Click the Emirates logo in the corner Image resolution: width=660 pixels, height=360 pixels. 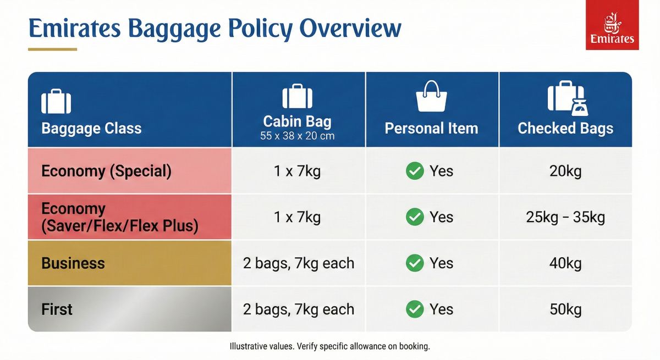(x=612, y=25)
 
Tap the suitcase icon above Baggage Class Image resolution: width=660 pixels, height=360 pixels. (x=56, y=101)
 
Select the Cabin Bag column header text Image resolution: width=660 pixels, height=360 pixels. (x=297, y=121)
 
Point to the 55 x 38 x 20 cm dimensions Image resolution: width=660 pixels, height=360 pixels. (x=297, y=136)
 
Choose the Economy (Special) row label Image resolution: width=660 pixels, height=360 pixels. (x=106, y=171)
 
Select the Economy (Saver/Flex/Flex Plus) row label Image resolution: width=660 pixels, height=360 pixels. (x=119, y=217)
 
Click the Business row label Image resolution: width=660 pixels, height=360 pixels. (x=73, y=263)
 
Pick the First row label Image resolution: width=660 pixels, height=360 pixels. (x=57, y=309)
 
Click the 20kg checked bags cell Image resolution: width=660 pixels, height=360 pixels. (x=565, y=171)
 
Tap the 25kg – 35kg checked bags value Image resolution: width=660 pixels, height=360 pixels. (x=565, y=217)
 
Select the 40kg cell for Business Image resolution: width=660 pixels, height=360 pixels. (x=565, y=263)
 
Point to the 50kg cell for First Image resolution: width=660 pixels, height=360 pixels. (x=565, y=309)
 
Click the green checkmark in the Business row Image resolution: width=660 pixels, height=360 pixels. (x=414, y=263)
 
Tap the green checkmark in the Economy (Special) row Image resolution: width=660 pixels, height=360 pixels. (x=414, y=171)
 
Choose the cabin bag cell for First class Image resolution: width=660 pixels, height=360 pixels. (x=298, y=309)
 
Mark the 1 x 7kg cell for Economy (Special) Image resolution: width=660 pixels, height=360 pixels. (x=297, y=171)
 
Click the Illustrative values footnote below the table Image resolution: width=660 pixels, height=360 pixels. (x=329, y=347)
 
